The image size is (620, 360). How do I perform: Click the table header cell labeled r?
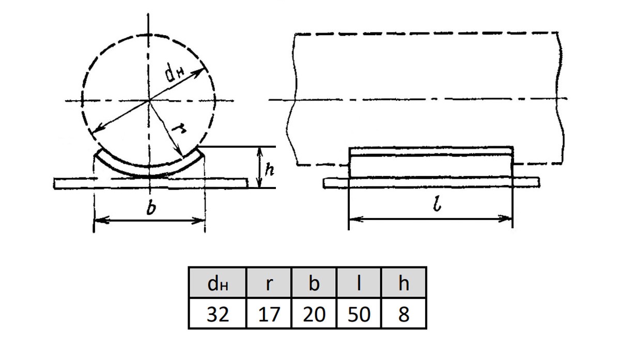pos(269,283)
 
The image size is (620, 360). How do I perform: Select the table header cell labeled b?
pos(314,283)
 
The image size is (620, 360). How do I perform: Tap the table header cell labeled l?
pos(359,283)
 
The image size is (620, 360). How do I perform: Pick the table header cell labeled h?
pos(404,283)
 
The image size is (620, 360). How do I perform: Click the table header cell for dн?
pos(218,283)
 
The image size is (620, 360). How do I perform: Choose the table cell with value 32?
pos(218,313)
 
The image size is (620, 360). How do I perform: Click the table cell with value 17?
pos(269,313)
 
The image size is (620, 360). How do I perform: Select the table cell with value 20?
pos(314,313)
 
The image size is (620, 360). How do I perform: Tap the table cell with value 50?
pos(359,313)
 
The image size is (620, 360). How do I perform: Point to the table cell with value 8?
pos(404,313)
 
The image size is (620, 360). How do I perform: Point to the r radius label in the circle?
pos(179,129)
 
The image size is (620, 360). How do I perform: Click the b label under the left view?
pos(151,208)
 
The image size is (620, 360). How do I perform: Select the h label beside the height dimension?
pos(269,169)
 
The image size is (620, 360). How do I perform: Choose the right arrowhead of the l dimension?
pos(505,219)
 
